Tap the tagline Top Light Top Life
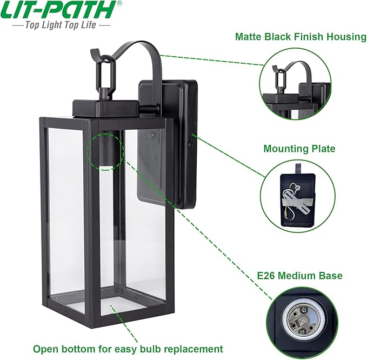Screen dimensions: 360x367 coord(61,25)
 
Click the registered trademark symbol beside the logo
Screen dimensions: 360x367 coord(119,3)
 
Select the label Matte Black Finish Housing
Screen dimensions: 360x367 coord(301,37)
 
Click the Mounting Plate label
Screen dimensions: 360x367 coord(299,148)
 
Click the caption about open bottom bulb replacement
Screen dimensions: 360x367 coord(128,349)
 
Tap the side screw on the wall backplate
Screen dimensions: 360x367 coord(191,145)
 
